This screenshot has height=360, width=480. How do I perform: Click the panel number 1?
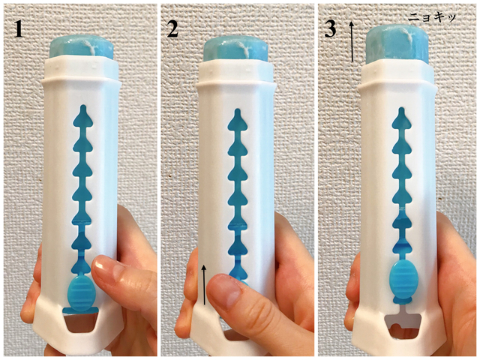coord(19,30)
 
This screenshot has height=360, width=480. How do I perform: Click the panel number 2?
coord(172,30)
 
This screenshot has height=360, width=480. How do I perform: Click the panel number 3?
coord(330,30)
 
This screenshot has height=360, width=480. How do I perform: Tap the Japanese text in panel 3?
coord(432,18)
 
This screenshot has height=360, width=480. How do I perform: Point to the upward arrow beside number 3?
coord(352,42)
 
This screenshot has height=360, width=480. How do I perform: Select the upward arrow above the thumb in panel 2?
coord(204,285)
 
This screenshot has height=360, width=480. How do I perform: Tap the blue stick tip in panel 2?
coord(236,49)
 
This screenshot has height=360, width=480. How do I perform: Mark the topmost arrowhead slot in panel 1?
coord(82,117)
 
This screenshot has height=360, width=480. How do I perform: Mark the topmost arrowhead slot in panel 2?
coord(237,120)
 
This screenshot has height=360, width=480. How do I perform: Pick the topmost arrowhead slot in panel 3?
coord(402,118)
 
